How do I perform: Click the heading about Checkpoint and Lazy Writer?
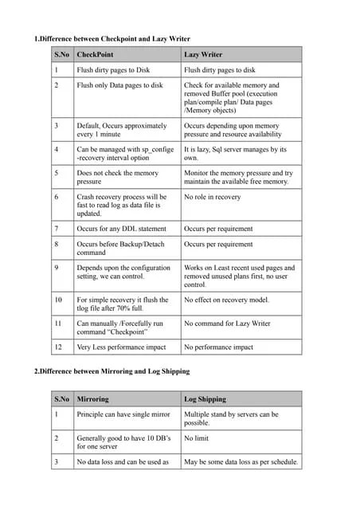click(x=112, y=39)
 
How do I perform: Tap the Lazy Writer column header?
click(x=203, y=55)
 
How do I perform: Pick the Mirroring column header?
click(x=92, y=398)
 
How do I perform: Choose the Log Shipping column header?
click(x=205, y=398)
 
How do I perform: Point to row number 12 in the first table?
click(x=57, y=347)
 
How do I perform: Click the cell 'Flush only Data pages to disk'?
click(x=119, y=85)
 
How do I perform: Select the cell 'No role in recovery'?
click(x=212, y=196)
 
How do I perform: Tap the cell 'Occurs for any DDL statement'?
click(x=121, y=229)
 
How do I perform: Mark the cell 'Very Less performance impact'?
click(x=121, y=347)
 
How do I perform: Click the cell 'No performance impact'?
click(x=218, y=347)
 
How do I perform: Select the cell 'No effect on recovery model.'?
click(x=226, y=300)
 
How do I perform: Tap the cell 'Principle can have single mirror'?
click(x=123, y=414)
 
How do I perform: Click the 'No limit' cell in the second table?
click(x=196, y=437)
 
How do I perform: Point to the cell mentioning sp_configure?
click(x=124, y=154)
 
